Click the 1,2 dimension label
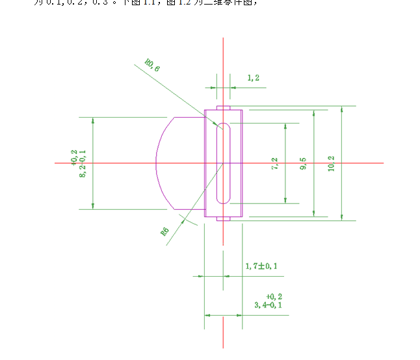click(254, 78)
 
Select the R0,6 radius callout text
click(152, 64)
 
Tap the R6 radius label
click(165, 231)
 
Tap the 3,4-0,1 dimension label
click(268, 304)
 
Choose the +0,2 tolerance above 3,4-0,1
click(274, 296)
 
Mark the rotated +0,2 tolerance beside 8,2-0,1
click(74, 156)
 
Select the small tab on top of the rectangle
click(223, 107)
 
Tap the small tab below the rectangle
click(223, 219)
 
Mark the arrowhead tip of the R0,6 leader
click(223, 129)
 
